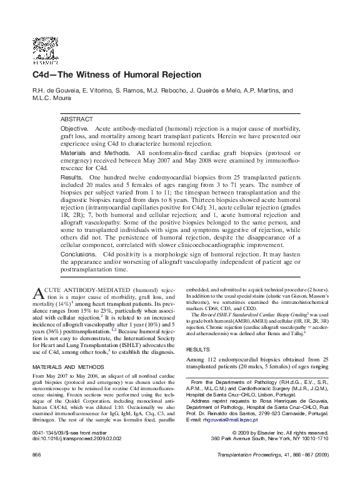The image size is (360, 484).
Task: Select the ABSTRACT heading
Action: point(76,119)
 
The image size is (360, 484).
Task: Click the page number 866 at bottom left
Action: point(36,473)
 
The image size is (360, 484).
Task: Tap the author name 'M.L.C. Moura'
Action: point(52,99)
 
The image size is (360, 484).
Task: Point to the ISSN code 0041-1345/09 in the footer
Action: point(51,450)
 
